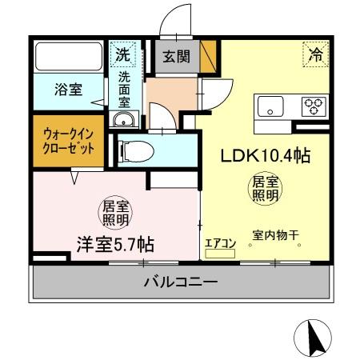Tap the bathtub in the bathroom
68,57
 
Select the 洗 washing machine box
122,56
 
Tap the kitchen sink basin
270,105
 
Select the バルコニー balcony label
181,282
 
